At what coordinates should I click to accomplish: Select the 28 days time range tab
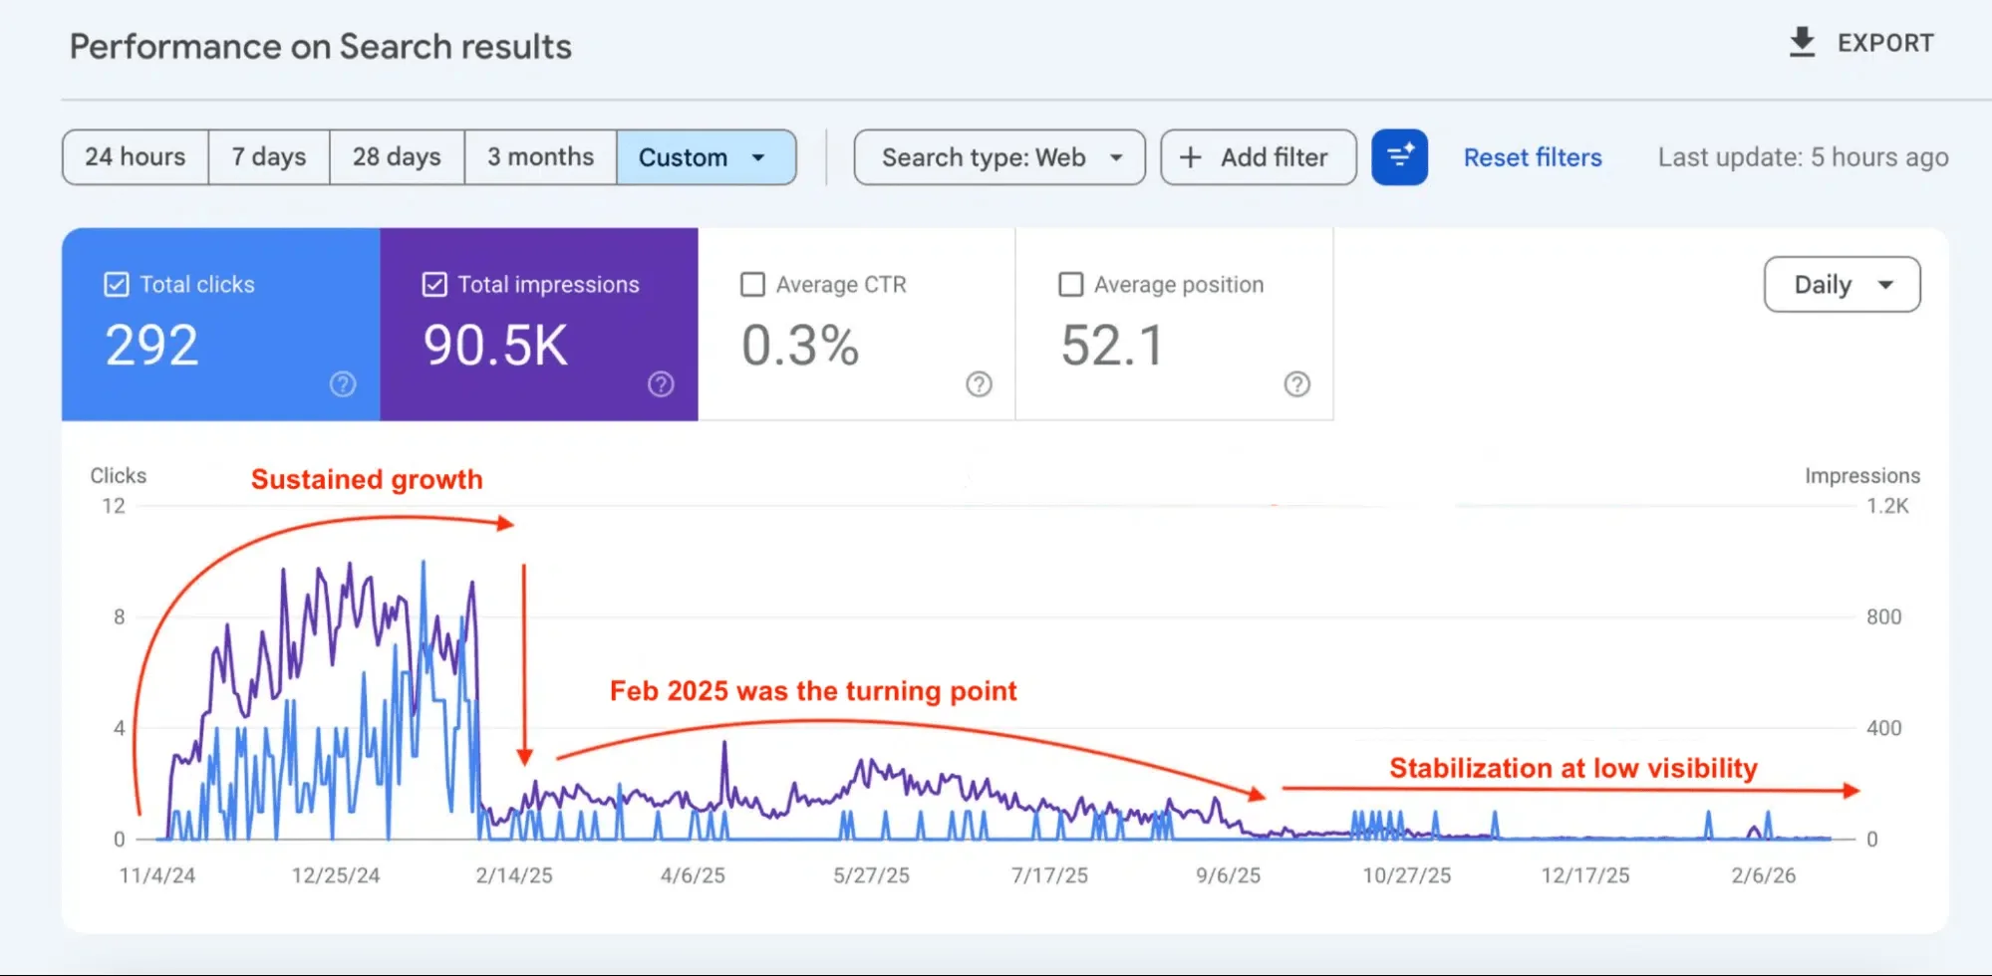(x=397, y=157)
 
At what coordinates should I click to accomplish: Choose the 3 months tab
(x=540, y=157)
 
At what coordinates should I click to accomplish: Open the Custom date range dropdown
(x=706, y=157)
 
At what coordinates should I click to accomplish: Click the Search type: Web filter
(x=999, y=157)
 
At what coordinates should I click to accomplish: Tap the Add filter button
(x=1258, y=157)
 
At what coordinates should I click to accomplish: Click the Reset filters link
(x=1532, y=157)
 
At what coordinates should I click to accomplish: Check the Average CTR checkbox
(x=753, y=285)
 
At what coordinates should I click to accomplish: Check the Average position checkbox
(x=1071, y=285)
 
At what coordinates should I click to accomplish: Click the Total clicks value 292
(x=152, y=346)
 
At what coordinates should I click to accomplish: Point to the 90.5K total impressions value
(x=495, y=346)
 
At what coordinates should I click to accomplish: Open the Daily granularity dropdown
(x=1842, y=285)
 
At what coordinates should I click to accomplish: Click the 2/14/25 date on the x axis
(x=513, y=875)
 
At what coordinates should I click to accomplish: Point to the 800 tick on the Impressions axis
(x=1883, y=617)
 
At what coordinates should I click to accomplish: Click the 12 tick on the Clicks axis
(x=114, y=506)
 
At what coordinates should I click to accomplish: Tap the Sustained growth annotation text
(x=367, y=479)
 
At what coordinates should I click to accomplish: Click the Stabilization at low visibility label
(x=1572, y=768)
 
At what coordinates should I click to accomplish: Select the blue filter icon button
(x=1399, y=157)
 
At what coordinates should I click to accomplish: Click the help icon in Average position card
(x=1296, y=384)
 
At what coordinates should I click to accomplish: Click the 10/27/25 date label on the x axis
(x=1406, y=875)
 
